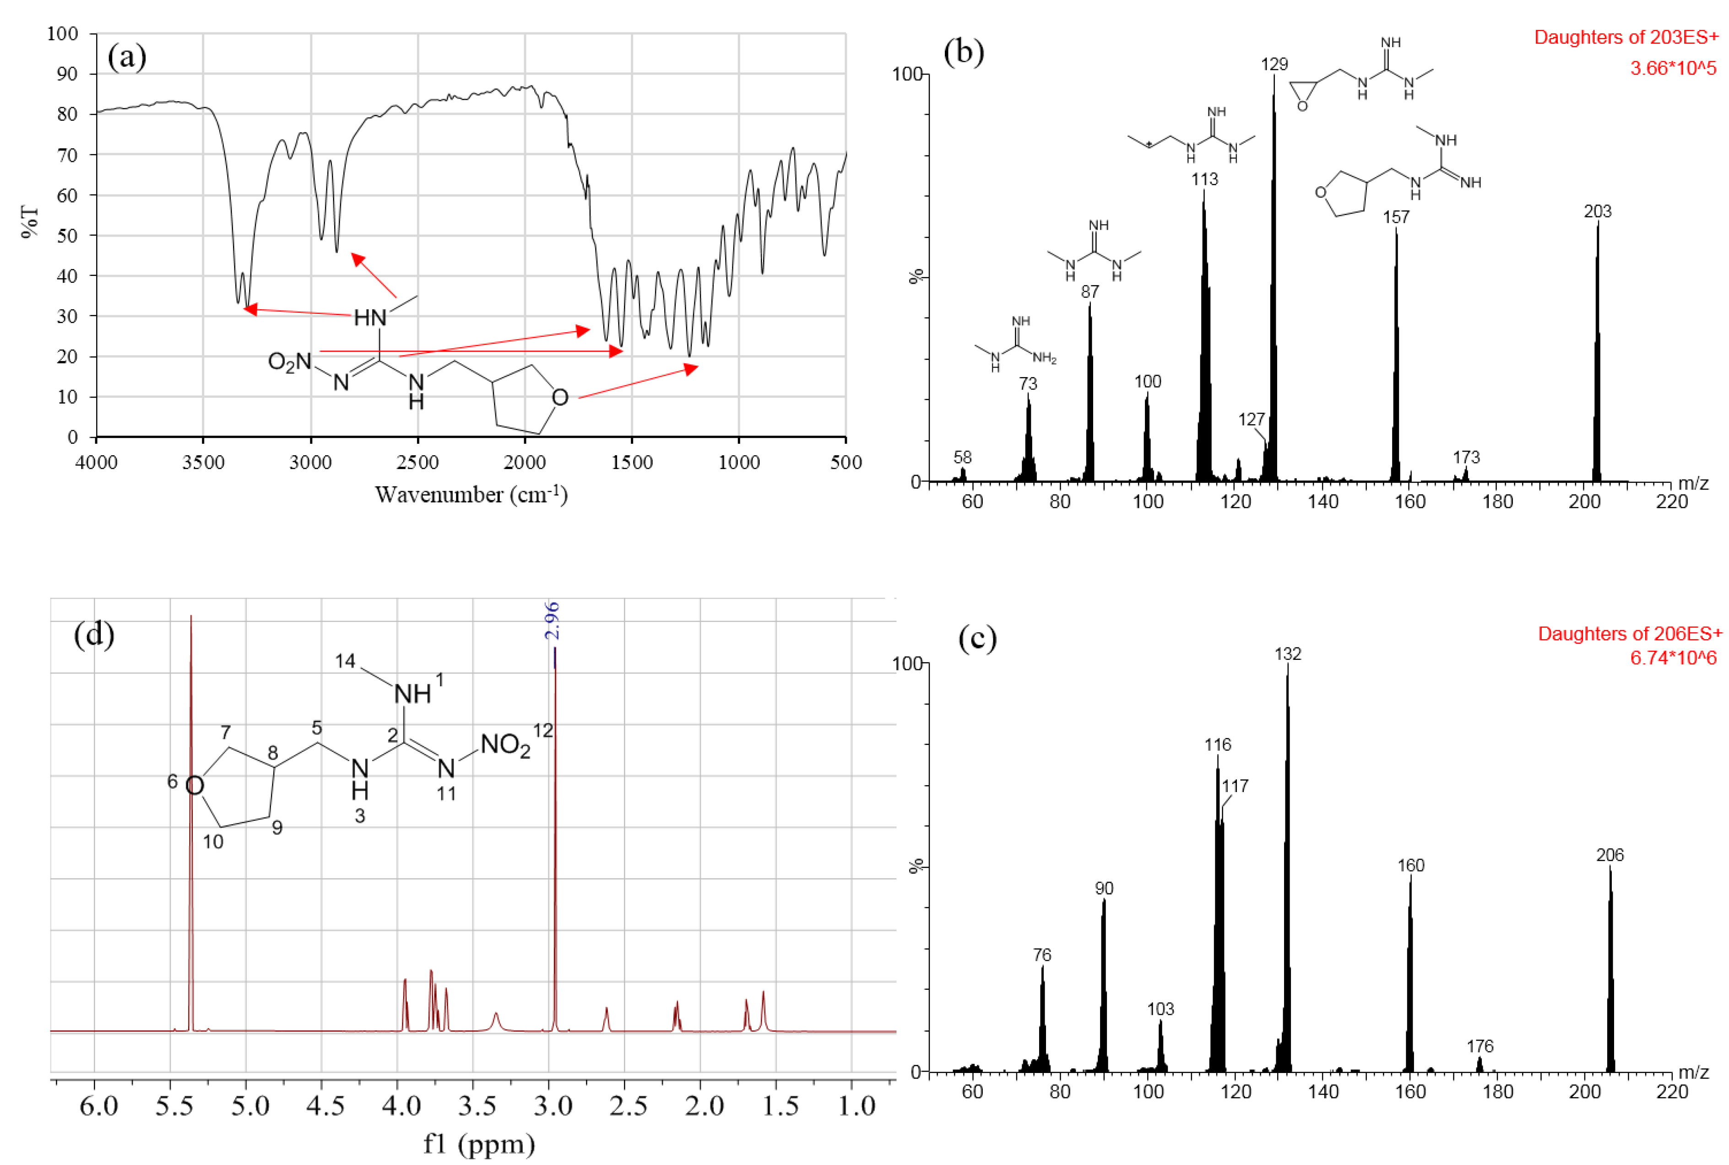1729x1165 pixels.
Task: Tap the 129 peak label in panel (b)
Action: [1274, 65]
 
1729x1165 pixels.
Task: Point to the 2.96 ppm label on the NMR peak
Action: [552, 620]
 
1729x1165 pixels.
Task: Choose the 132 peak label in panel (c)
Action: [1287, 654]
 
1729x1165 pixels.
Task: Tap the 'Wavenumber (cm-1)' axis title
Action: [472, 495]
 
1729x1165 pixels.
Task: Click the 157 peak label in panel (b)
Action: [1396, 217]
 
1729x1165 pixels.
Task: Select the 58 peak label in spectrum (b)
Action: [963, 458]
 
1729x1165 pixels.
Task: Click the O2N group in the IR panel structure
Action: [289, 362]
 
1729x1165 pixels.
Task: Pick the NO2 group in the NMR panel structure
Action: [505, 744]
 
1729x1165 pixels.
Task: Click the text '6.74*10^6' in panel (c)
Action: [1673, 658]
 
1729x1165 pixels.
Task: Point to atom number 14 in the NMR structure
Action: [345, 660]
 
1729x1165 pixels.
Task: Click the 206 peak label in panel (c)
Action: [1610, 855]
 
